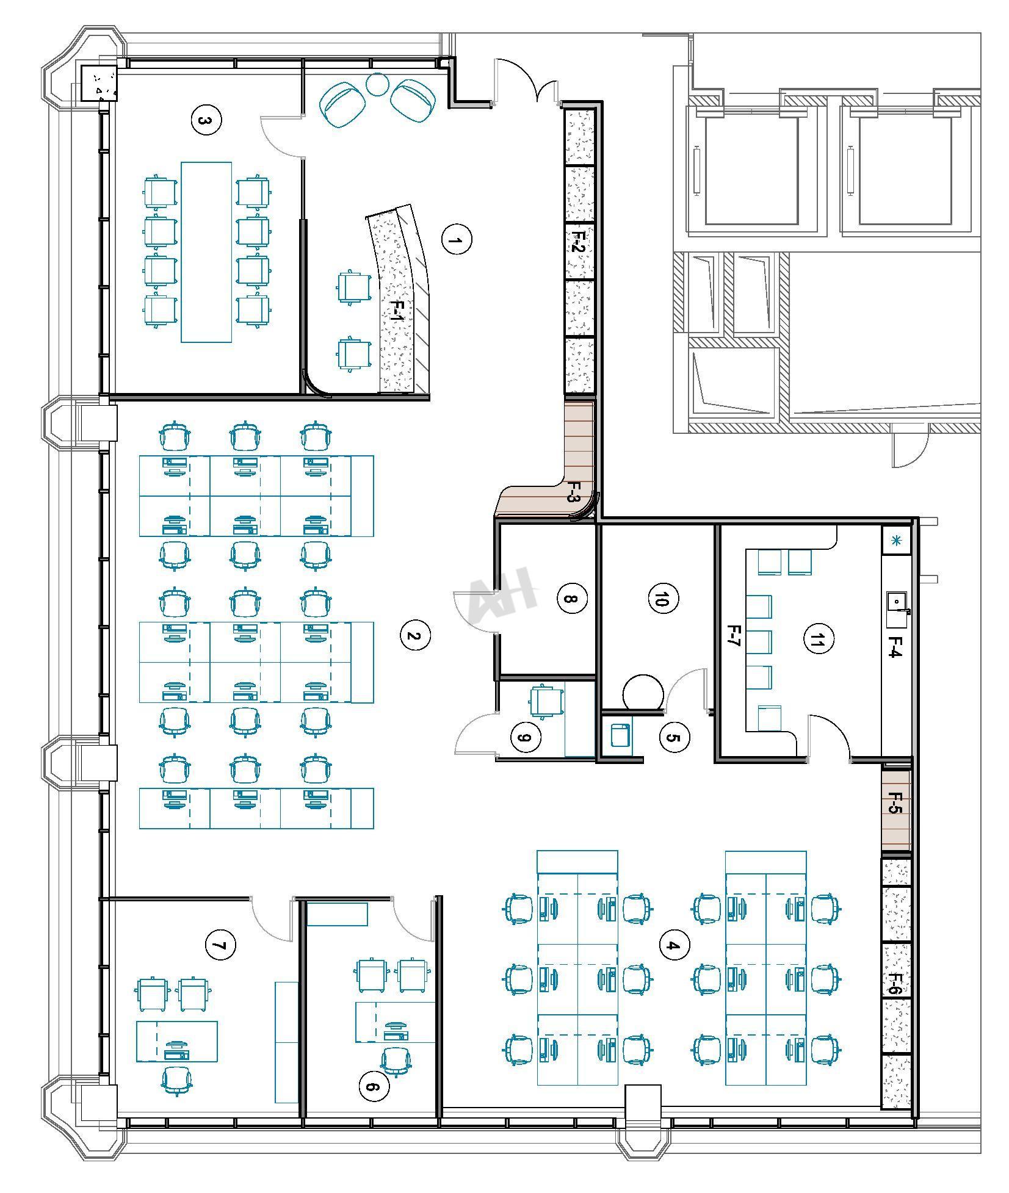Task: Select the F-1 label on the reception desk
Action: (397, 312)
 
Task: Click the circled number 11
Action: (817, 639)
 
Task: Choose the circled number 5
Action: (674, 737)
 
